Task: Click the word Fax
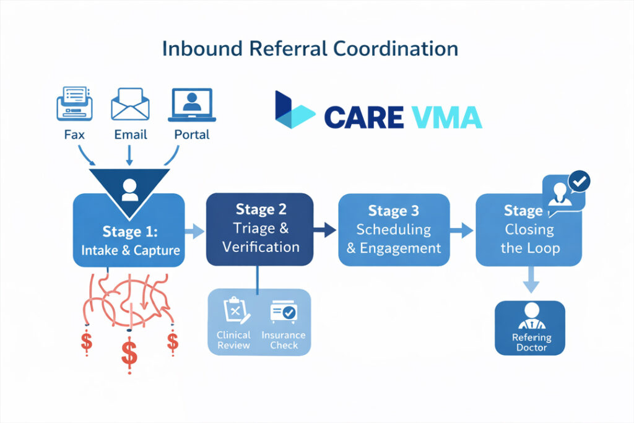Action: pyautogui.click(x=75, y=134)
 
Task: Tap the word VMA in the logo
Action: pyautogui.click(x=442, y=117)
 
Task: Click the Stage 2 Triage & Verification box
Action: pyautogui.click(x=259, y=229)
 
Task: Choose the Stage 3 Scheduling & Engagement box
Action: pyautogui.click(x=394, y=230)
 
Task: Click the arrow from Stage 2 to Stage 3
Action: pyautogui.click(x=324, y=231)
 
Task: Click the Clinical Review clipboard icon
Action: pyautogui.click(x=234, y=310)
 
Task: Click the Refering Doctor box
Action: pyautogui.click(x=530, y=328)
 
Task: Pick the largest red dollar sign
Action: pyautogui.click(x=129, y=354)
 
